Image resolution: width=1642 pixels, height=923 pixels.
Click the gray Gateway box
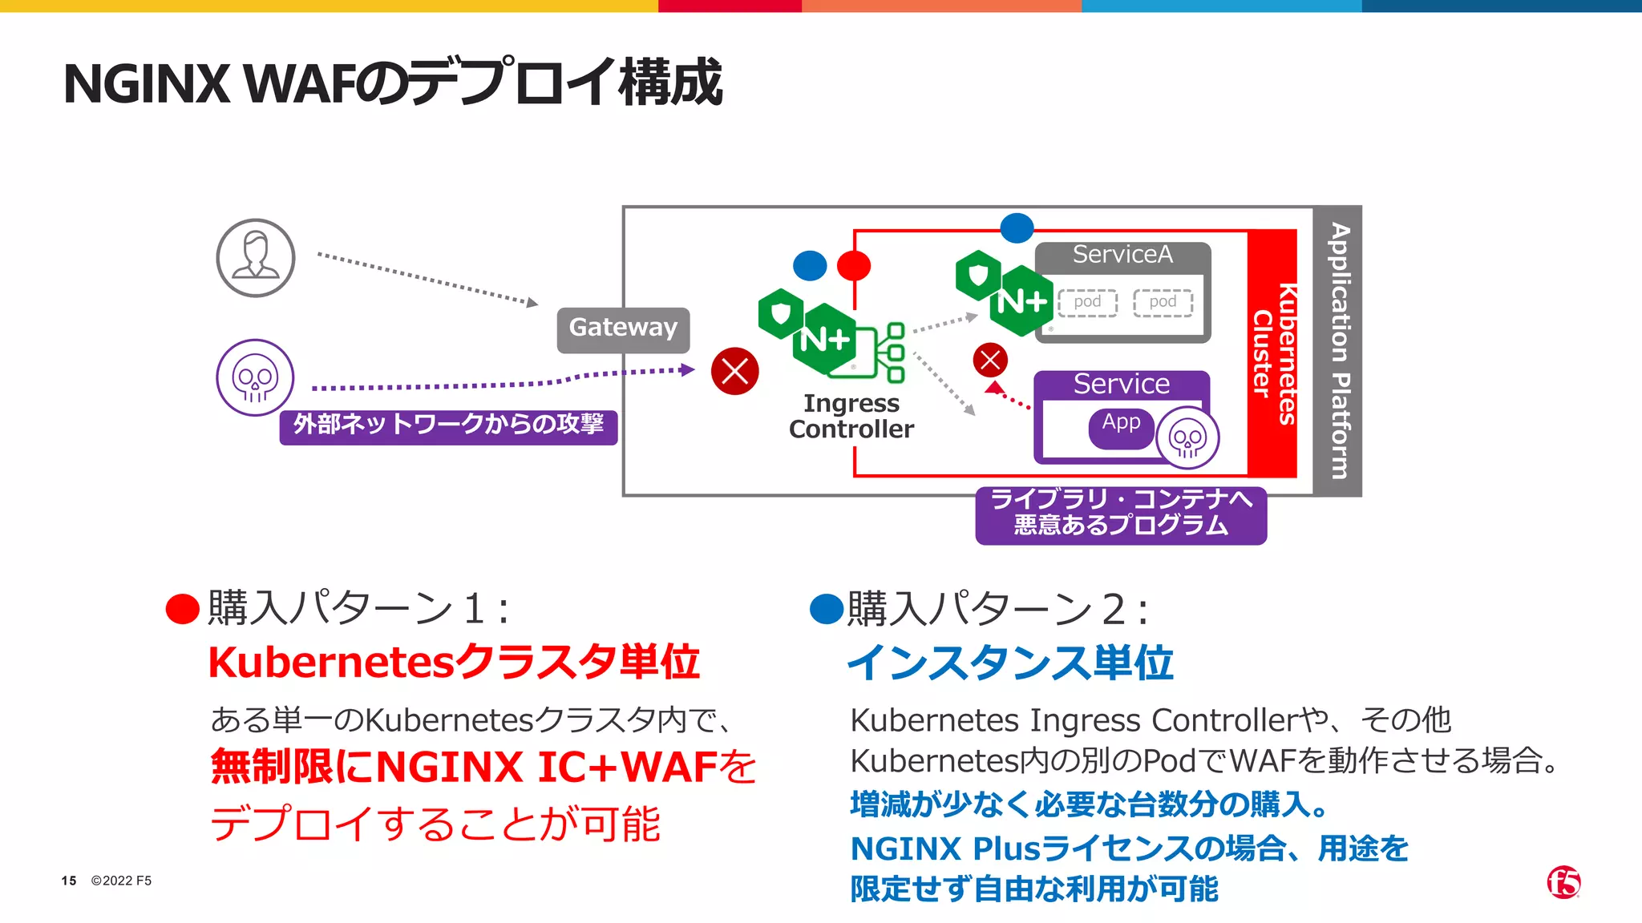click(x=623, y=329)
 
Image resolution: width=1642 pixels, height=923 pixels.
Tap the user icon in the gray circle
click(x=256, y=258)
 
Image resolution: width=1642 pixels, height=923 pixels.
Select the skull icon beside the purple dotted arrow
click(x=255, y=377)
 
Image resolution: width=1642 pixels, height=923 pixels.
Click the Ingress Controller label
click(x=851, y=416)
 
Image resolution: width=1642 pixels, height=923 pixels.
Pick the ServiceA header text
click(x=1122, y=255)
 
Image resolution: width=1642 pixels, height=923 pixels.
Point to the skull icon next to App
click(x=1187, y=438)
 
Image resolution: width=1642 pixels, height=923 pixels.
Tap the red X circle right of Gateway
click(x=734, y=371)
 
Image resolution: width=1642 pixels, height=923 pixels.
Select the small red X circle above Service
click(x=990, y=360)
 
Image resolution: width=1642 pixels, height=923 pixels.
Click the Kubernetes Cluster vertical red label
click(x=1273, y=353)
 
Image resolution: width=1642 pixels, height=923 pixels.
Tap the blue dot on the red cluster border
click(x=1017, y=228)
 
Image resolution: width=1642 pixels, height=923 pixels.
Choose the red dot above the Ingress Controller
click(x=854, y=265)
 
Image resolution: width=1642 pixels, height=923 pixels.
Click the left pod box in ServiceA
click(x=1087, y=303)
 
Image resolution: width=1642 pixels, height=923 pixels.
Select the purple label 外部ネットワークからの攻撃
click(x=448, y=425)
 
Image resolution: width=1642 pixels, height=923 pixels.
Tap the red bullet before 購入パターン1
click(x=182, y=609)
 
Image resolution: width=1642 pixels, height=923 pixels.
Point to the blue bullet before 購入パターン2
click(x=827, y=609)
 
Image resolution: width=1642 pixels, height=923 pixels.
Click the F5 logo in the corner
click(x=1563, y=882)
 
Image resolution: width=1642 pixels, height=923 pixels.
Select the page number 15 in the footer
click(x=69, y=881)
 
